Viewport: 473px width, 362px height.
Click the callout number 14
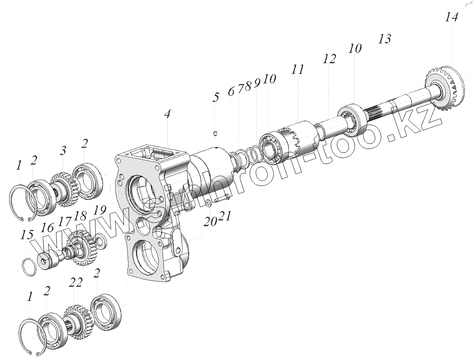pos(451,18)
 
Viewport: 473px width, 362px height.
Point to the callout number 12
pos(329,59)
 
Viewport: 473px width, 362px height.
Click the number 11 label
pos(297,70)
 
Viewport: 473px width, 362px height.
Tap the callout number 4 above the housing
pos(167,114)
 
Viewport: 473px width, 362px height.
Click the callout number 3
pos(63,150)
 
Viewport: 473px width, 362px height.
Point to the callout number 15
pos(27,235)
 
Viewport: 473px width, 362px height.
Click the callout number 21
pos(224,215)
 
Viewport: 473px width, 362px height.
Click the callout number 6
pos(231,91)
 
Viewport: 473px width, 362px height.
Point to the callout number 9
pos(257,83)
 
